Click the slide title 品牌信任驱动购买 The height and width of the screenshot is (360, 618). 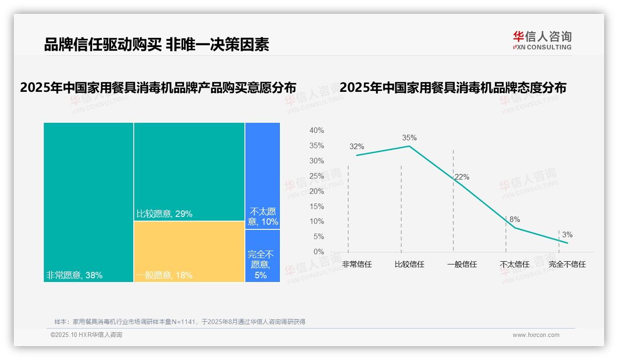point(156,45)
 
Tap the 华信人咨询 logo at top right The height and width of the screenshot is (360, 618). point(542,40)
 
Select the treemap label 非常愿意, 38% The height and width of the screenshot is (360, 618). point(74,276)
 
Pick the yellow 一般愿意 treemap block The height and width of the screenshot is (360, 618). point(189,251)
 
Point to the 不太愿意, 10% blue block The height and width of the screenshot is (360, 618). point(263,175)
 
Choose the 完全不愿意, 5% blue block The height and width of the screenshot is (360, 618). point(263,256)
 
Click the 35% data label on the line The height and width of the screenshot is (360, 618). point(409,138)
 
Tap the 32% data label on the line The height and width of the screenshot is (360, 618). point(357,147)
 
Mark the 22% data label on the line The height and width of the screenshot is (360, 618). point(462,177)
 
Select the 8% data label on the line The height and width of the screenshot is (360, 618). point(515,220)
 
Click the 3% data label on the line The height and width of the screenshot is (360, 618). point(567,235)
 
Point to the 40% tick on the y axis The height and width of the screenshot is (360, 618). point(317,131)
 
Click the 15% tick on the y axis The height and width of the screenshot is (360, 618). point(317,206)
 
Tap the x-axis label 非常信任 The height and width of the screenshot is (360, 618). point(357,264)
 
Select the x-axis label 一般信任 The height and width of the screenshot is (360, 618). point(462,264)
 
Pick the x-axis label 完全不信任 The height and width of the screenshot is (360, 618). point(567,264)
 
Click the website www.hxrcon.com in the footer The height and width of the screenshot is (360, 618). point(536,335)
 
